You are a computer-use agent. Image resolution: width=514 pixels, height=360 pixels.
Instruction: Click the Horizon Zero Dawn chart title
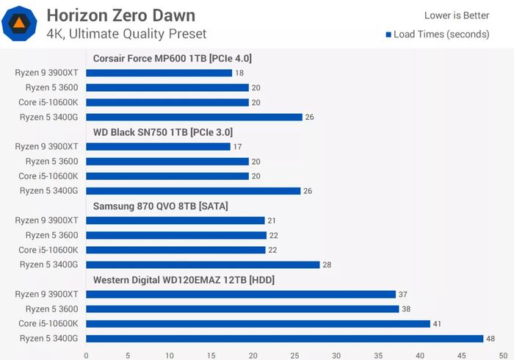(x=121, y=15)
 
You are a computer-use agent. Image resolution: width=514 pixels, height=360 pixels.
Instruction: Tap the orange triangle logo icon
(x=21, y=24)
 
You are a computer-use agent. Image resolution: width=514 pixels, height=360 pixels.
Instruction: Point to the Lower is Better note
(x=457, y=15)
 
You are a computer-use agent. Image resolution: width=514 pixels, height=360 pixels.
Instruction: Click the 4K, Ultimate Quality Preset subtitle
(x=126, y=34)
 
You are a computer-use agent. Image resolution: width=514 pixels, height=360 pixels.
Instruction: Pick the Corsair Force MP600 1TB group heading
(x=173, y=58)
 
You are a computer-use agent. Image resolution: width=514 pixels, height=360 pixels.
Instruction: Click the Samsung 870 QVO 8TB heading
(x=160, y=206)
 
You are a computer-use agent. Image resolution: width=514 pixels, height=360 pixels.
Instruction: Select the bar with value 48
(x=285, y=338)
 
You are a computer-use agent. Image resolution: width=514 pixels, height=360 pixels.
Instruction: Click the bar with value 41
(x=258, y=323)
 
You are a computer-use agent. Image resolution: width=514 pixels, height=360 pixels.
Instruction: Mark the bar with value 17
(x=158, y=146)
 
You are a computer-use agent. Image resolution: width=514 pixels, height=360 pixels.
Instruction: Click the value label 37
(x=402, y=294)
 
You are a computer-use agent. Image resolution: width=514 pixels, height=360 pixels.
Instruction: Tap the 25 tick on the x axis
(x=295, y=354)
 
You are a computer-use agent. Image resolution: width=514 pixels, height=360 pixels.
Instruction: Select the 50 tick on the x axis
(x=504, y=354)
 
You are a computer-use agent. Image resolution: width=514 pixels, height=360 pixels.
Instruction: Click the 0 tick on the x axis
(x=87, y=354)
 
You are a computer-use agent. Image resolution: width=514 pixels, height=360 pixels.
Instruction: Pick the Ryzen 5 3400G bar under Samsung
(x=203, y=264)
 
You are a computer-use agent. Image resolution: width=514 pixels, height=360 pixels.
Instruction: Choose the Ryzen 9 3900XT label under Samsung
(x=47, y=220)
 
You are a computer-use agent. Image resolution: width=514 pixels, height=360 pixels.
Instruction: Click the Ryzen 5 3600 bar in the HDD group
(x=243, y=309)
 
